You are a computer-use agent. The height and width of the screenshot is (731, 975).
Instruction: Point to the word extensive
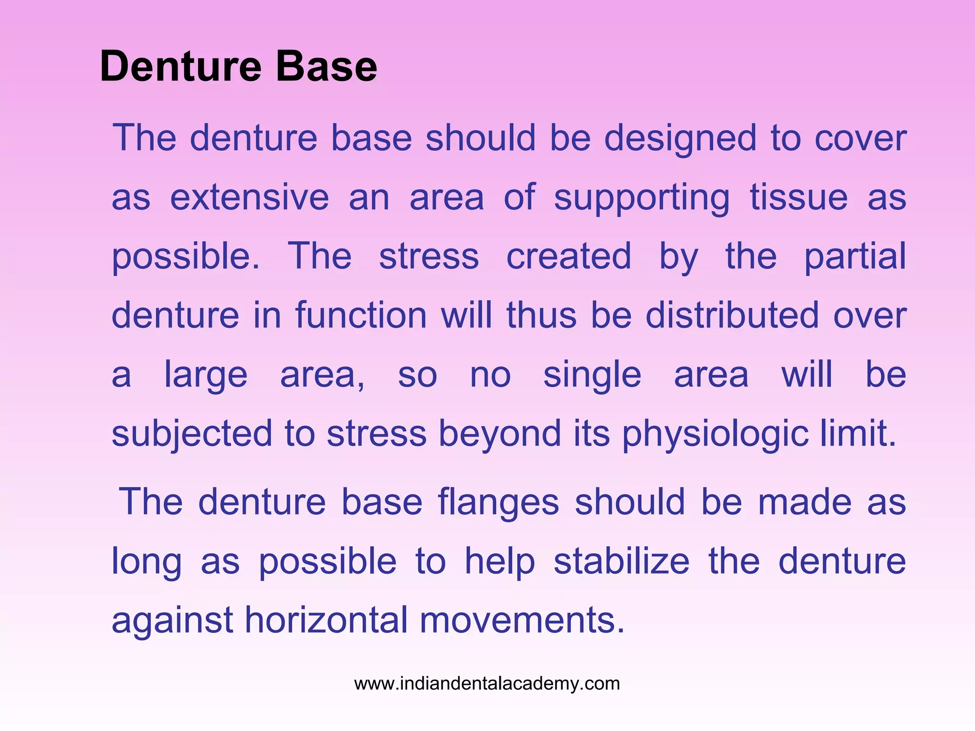[249, 197]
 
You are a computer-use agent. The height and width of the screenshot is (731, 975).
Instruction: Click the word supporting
[642, 198]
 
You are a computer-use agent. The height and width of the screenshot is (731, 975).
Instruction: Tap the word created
[568, 256]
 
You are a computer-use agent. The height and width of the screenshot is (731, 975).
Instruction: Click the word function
[361, 315]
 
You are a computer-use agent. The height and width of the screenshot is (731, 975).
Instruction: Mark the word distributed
[732, 315]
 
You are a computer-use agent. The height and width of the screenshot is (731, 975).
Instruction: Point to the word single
[592, 375]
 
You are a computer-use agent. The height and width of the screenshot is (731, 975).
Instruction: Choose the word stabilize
[622, 562]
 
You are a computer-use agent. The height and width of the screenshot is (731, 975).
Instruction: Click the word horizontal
[327, 620]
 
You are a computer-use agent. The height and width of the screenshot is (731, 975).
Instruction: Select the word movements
[522, 620]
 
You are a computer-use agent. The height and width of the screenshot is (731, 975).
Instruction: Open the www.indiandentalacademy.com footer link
[487, 684]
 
